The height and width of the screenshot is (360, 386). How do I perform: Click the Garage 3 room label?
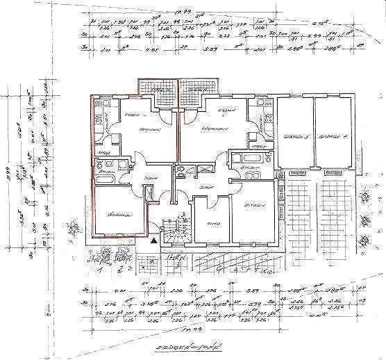click(x=296, y=137)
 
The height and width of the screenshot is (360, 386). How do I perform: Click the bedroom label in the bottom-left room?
click(x=118, y=216)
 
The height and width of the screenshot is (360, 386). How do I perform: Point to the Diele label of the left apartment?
click(x=147, y=178)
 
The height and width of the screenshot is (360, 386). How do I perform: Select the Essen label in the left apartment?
click(x=129, y=113)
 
